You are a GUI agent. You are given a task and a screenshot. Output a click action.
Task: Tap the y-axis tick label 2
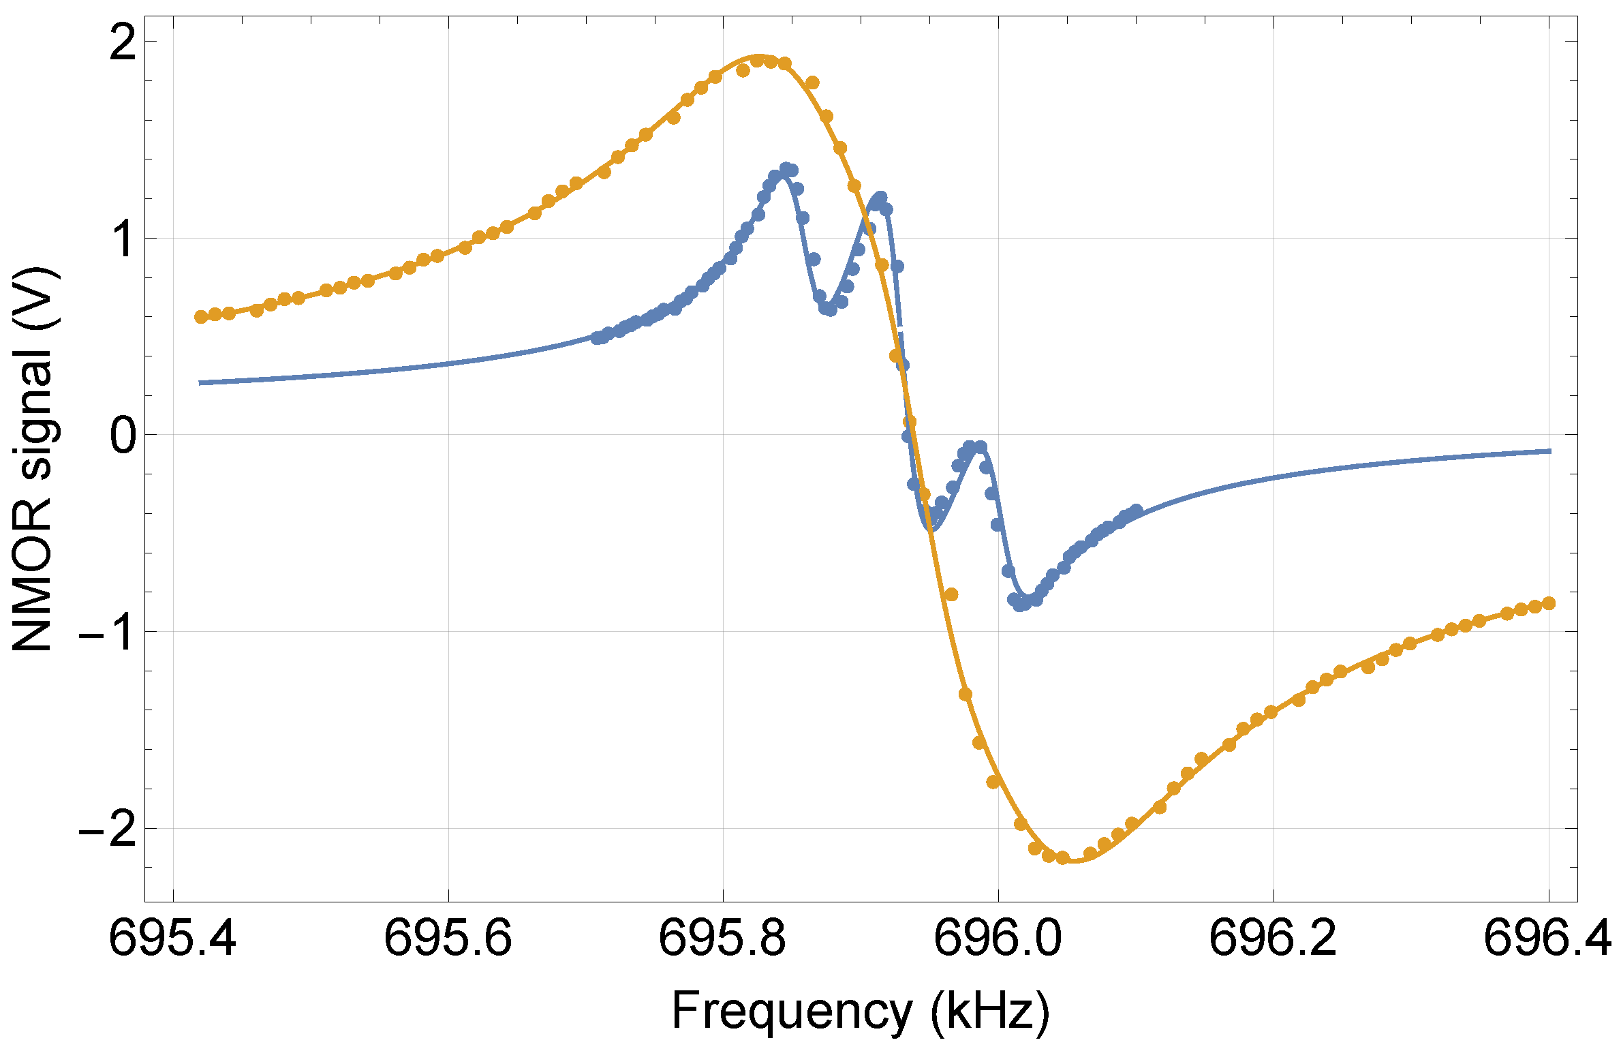tap(123, 43)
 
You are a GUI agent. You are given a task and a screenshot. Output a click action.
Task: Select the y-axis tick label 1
tap(123, 239)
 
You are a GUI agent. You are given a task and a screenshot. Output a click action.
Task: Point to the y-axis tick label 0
tap(123, 436)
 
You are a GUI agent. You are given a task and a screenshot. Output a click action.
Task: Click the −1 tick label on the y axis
tap(109, 633)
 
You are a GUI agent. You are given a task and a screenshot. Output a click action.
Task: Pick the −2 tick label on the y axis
tap(109, 830)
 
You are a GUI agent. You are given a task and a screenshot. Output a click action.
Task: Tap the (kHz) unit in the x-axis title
tap(990, 1011)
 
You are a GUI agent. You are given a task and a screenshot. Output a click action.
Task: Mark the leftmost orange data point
tap(201, 316)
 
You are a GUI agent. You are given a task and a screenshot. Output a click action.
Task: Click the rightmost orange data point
tap(1549, 603)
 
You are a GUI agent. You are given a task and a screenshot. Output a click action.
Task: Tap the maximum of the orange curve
tap(760, 56)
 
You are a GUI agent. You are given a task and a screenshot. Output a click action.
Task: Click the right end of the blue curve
tap(1550, 451)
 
